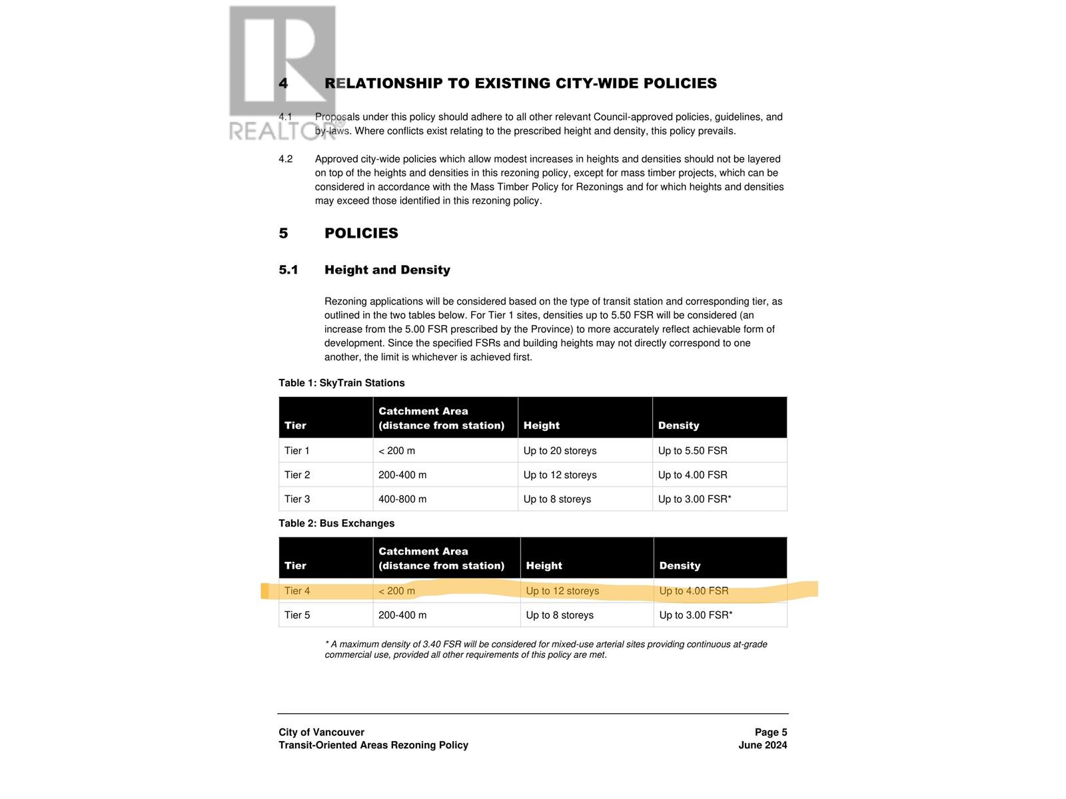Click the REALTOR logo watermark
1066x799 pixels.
(x=282, y=73)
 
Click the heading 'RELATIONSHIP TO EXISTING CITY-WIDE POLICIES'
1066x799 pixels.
(x=520, y=84)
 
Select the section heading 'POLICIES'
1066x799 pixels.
(x=361, y=234)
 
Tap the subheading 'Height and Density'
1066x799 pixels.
(x=387, y=270)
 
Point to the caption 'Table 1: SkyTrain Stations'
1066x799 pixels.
(x=341, y=384)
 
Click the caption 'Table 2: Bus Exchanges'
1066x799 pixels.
(x=336, y=524)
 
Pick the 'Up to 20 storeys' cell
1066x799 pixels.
(x=560, y=451)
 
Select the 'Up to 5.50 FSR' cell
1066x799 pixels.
(x=692, y=451)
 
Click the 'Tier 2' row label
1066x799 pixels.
(x=297, y=475)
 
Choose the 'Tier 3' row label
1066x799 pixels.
(x=297, y=499)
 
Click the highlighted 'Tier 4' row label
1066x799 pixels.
(x=297, y=591)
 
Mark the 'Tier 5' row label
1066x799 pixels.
(x=297, y=615)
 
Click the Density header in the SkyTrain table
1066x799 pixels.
(x=678, y=426)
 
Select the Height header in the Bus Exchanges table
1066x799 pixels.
(x=544, y=566)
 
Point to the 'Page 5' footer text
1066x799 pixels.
(x=770, y=732)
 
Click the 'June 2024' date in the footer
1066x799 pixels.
(x=762, y=746)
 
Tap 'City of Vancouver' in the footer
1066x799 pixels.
(x=321, y=732)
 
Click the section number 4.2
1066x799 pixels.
(x=285, y=159)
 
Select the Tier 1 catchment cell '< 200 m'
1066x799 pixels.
(x=396, y=451)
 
